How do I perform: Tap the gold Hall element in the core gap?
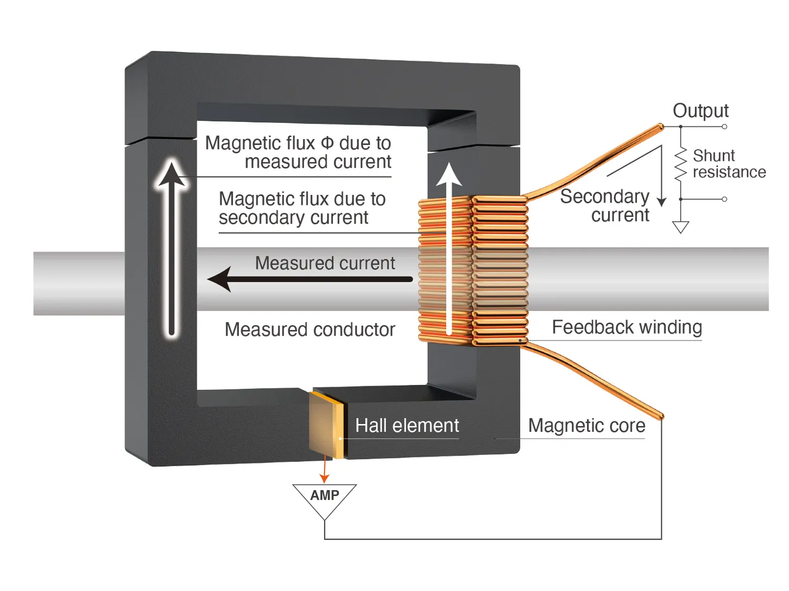pos(327,425)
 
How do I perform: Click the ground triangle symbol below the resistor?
pos(681,227)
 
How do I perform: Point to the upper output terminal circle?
pos(724,127)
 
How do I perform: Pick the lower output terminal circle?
pos(724,199)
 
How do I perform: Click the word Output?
pos(701,110)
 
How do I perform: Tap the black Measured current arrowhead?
pos(219,279)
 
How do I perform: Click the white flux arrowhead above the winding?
pos(449,174)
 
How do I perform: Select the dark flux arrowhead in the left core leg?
pos(171,174)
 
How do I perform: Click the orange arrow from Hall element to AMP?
pos(325,469)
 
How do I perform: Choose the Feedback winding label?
pos(627,327)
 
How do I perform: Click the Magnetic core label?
pos(586,426)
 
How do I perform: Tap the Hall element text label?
pos(407,426)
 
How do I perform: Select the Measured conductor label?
pos(310,329)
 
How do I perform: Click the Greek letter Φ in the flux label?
pos(327,143)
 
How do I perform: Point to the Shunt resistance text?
pos(729,163)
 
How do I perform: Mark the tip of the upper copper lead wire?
pos(661,126)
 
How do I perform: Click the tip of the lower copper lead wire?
pos(661,417)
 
